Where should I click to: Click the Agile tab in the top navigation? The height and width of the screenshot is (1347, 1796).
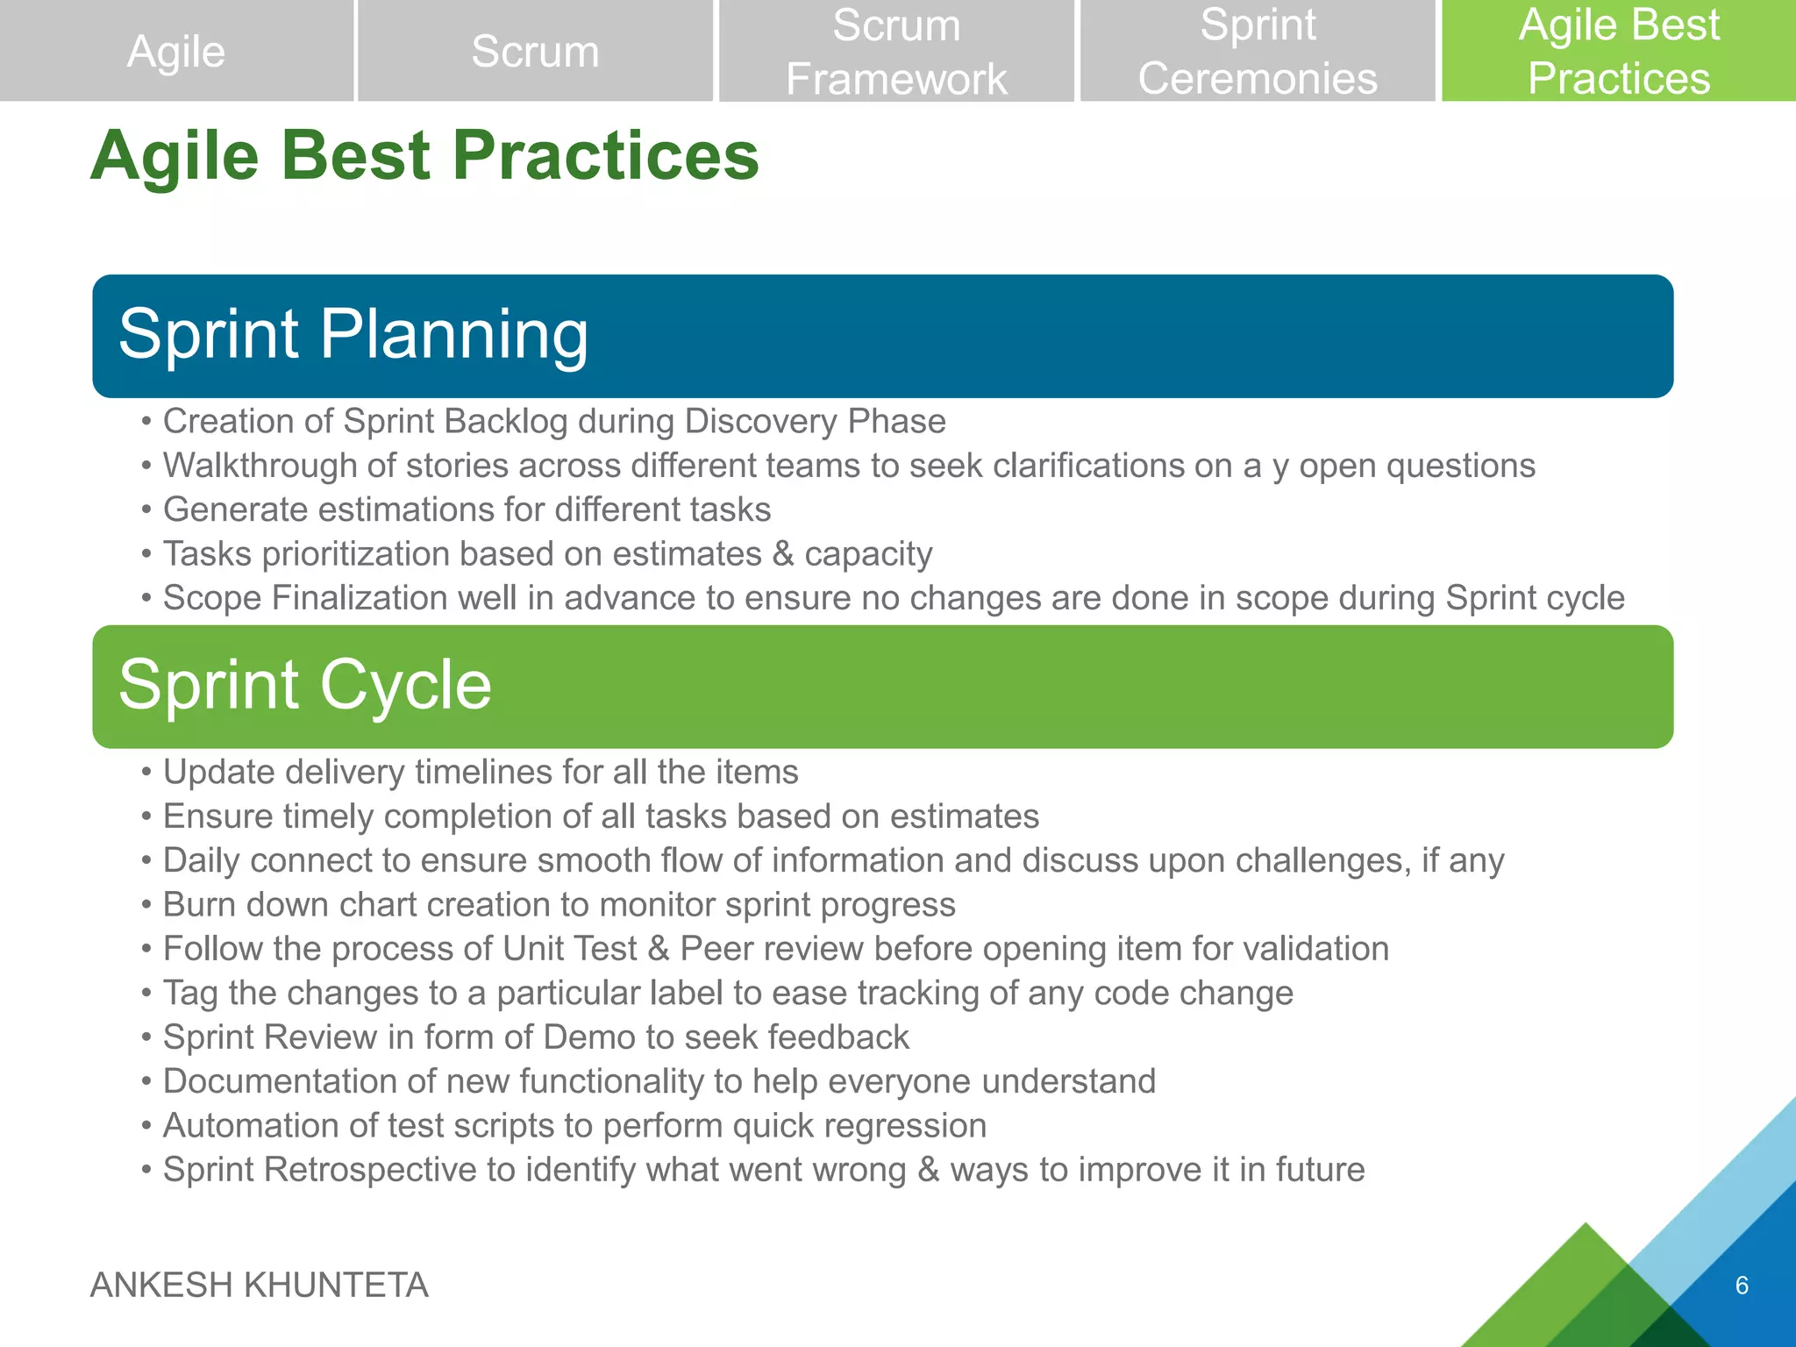[176, 51]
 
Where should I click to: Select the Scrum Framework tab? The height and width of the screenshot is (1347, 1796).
[895, 51]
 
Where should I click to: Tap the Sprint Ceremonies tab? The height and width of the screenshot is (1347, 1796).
[1257, 51]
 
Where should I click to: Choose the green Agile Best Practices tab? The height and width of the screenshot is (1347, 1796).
[1618, 51]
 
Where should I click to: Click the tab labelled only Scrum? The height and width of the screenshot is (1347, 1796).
[535, 51]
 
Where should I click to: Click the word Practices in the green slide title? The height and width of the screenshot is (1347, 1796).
[605, 156]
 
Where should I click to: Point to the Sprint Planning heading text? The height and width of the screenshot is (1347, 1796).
[353, 334]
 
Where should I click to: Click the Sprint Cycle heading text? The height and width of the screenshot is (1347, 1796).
[305, 685]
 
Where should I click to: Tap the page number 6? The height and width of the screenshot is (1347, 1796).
[1742, 1286]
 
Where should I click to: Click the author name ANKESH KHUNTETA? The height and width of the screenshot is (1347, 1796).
[260, 1286]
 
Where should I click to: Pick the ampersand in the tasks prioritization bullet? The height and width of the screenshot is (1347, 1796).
[782, 554]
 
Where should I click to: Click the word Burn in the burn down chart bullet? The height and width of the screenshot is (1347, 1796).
[198, 905]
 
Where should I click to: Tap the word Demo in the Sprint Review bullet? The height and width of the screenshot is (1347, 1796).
[588, 1037]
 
